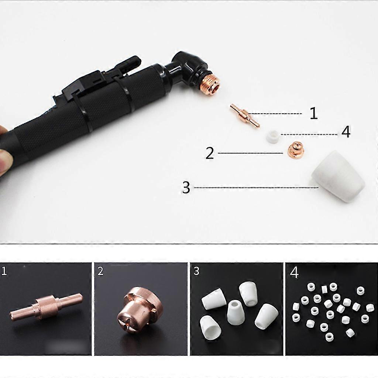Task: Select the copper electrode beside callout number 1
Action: pos(245,115)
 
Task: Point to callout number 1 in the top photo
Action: pos(313,113)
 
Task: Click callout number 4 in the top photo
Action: pos(346,132)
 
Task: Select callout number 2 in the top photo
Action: pos(210,153)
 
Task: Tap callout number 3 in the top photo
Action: pos(186,187)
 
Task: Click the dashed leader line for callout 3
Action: pos(256,187)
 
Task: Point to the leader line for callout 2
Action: pos(251,153)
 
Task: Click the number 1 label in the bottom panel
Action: pos(4,271)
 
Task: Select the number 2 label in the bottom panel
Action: pos(100,271)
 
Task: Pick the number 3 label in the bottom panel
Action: pos(196,271)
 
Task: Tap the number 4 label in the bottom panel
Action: pos(294,272)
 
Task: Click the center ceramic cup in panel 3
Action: pos(236,312)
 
